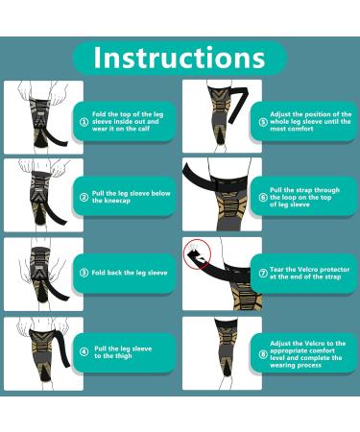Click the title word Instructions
click(180, 58)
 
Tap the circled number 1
click(84, 122)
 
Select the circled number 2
click(84, 197)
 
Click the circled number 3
click(84, 273)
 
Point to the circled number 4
click(84, 352)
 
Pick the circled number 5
click(263, 122)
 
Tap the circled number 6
click(263, 197)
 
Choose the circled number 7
click(263, 273)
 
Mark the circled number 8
click(263, 354)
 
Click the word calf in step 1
click(142, 129)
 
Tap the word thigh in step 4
click(122, 356)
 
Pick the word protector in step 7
click(334, 270)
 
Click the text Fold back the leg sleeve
click(130, 273)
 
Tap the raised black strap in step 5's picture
click(238, 103)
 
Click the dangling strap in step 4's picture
click(64, 350)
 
